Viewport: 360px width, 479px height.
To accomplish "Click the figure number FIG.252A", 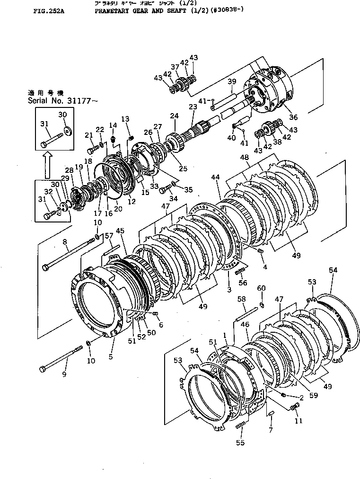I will click(x=49, y=9).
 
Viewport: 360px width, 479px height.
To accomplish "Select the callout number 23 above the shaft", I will click(x=193, y=107).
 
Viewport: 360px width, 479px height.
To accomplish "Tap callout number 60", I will click(x=261, y=288).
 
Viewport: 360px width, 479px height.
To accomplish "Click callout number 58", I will click(x=241, y=299).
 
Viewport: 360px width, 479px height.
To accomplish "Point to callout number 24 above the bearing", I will click(x=174, y=115).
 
